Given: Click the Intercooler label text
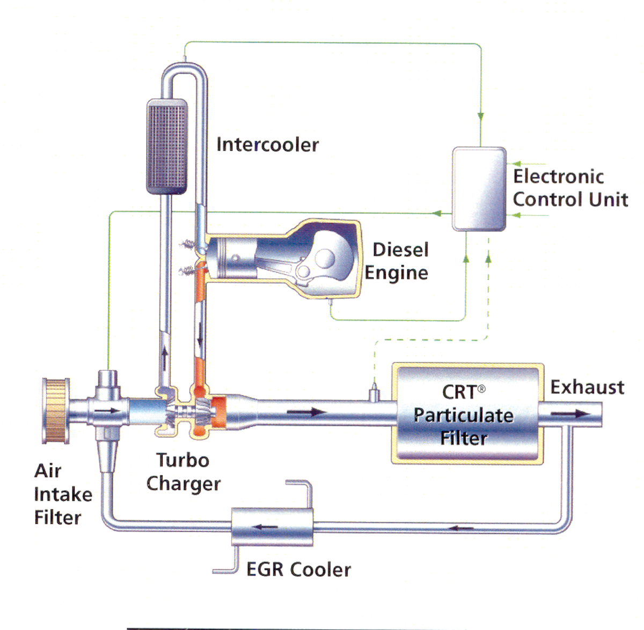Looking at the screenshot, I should (267, 145).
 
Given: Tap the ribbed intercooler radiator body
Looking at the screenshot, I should (167, 146).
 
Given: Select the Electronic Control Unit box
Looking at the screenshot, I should (479, 189).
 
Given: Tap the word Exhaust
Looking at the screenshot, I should (587, 387).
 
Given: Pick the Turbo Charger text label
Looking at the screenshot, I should (183, 472).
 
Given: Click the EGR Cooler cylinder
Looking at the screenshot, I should (272, 526).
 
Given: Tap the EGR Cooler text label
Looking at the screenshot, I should (298, 569).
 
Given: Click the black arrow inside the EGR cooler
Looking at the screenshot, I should (265, 526).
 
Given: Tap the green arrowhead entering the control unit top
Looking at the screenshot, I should (481, 117).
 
